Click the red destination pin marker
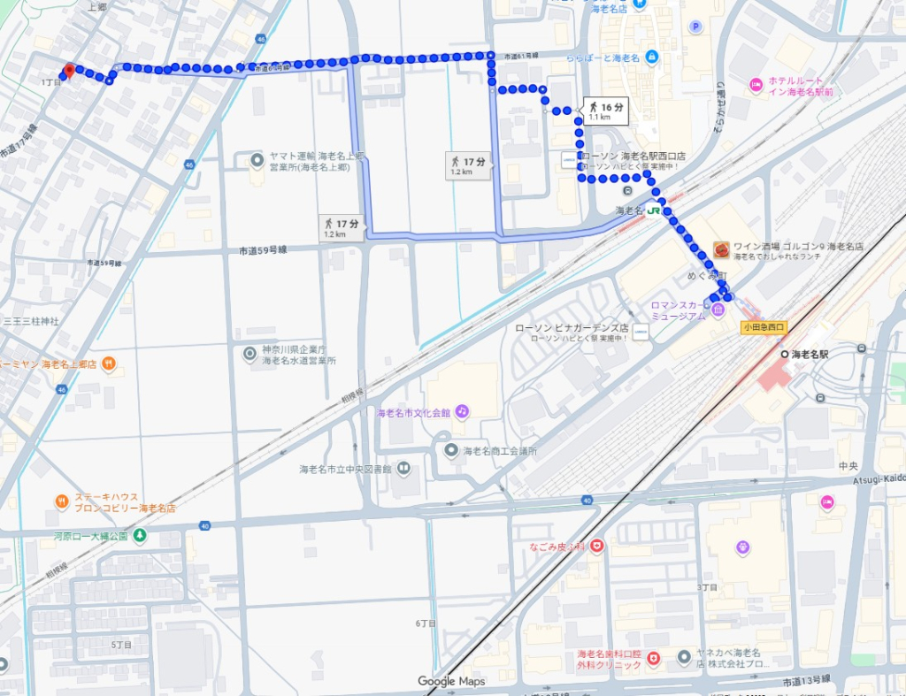67,72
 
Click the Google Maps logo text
451,681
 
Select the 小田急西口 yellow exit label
762,327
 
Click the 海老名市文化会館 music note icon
462,412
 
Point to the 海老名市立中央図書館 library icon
403,468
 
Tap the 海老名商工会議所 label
500,451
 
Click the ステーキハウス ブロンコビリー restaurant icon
61,501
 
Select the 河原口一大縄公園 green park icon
140,536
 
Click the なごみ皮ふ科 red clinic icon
597,547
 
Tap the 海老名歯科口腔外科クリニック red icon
654,659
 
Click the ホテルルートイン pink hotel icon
756,85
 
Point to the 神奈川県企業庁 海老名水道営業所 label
299,356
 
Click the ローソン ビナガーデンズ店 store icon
641,332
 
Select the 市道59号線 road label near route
263,250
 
